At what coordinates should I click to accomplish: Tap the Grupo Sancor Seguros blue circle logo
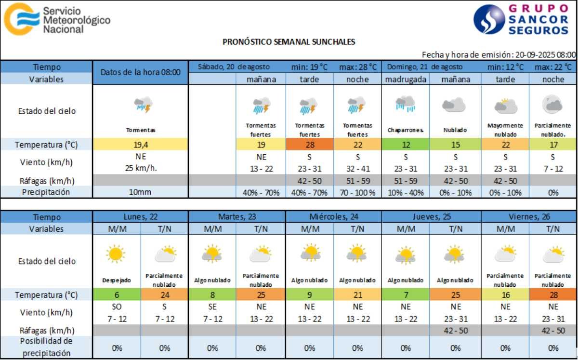point(489,19)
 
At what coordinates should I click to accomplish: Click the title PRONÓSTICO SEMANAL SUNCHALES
point(289,42)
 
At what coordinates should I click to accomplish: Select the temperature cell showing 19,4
point(140,144)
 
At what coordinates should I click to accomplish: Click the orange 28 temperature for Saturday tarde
point(309,144)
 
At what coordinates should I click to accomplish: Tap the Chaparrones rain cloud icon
point(405,104)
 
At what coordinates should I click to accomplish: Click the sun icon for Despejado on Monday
point(116,253)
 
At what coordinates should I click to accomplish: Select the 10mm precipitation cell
point(140,192)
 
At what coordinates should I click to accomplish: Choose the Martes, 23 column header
point(236,217)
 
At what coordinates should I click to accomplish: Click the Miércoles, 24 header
point(333,217)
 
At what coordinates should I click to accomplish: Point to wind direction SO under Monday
point(116,307)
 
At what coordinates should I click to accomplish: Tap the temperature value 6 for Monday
point(116,294)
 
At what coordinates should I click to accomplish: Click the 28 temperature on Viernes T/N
point(553,294)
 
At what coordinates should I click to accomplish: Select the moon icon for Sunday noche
point(552,103)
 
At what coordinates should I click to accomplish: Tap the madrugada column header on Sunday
point(405,80)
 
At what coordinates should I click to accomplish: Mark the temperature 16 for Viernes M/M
point(505,294)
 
